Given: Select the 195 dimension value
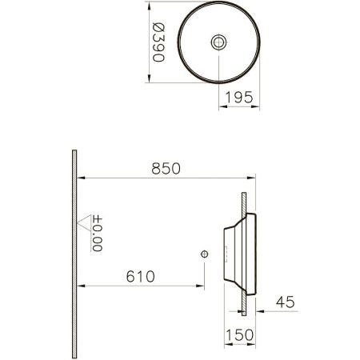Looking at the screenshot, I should pyautogui.click(x=239, y=97).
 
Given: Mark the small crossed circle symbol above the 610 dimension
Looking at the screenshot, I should pyautogui.click(x=205, y=254).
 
